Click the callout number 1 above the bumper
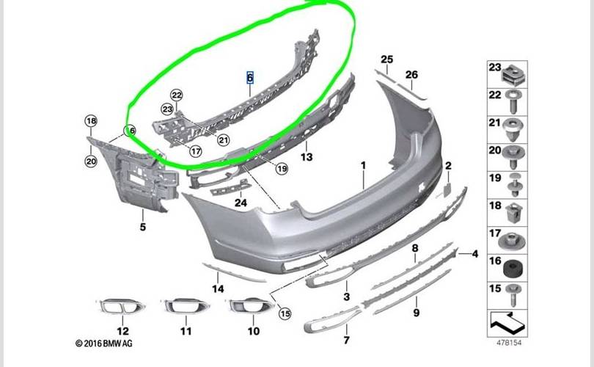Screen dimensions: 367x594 click(362, 167)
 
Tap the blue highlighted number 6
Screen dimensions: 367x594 click(249, 77)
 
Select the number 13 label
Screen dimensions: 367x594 click(307, 157)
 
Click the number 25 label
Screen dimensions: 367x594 click(386, 59)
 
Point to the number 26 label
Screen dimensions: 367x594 click(411, 75)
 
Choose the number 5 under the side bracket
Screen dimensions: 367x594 click(143, 227)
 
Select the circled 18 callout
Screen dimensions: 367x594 click(91, 121)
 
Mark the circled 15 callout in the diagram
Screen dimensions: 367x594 click(285, 313)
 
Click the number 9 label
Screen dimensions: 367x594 click(417, 313)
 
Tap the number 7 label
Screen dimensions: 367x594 click(347, 341)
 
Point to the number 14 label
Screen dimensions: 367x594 click(218, 288)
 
